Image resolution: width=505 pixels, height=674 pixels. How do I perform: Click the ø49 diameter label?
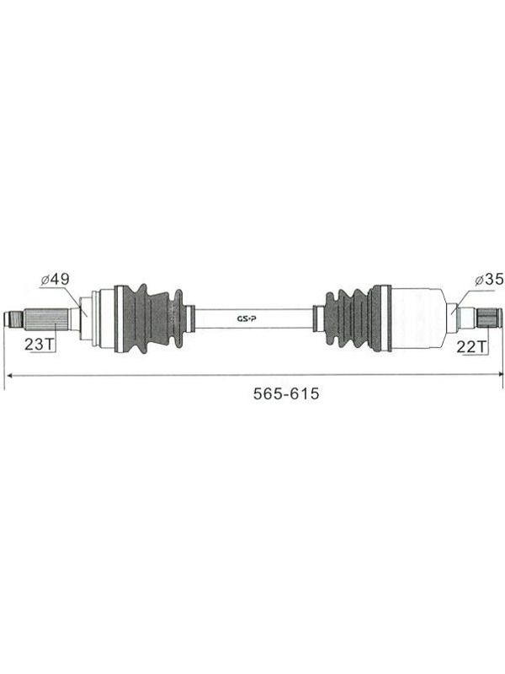tap(55, 280)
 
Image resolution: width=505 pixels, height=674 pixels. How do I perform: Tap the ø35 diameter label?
tap(489, 280)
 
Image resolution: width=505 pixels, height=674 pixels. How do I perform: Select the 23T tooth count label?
tap(39, 344)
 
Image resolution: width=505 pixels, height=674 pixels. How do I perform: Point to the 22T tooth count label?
tap(470, 346)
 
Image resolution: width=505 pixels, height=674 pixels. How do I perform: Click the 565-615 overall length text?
tap(286, 393)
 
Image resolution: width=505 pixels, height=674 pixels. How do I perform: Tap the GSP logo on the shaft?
tap(247, 318)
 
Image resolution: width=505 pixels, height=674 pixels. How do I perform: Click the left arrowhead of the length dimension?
tap(9, 375)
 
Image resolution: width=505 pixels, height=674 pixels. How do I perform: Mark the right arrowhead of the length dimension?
tap(499, 374)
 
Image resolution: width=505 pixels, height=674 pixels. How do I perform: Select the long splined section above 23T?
tap(45, 319)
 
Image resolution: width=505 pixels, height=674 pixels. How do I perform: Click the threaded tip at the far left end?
tap(13, 319)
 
